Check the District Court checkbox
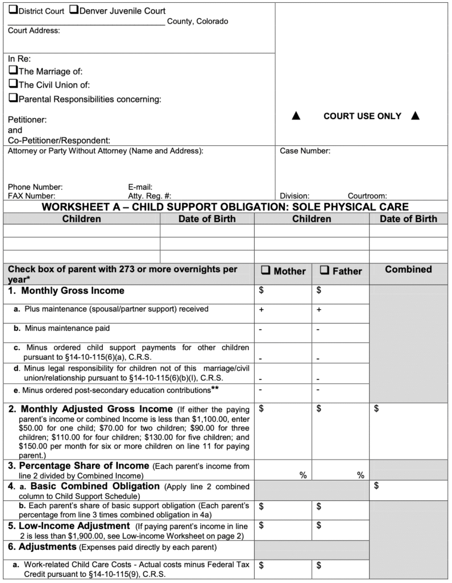13,11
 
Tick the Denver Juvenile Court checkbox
73,10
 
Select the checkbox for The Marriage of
13,71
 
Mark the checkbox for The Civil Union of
13,85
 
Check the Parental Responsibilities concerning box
13,98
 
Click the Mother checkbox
266,271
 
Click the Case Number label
305,151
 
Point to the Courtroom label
367,195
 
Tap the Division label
295,195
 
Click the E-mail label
140,187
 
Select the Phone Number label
35,187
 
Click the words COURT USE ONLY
362,116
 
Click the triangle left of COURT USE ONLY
296,116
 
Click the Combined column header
408,270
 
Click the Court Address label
34,31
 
